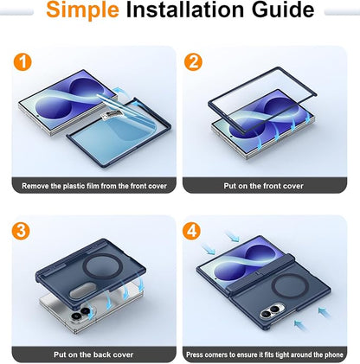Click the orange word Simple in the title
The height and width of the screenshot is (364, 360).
pyautogui.click(x=82, y=10)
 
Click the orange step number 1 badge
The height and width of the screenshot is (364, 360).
pyautogui.click(x=22, y=62)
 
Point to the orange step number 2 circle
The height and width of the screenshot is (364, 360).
pyautogui.click(x=193, y=62)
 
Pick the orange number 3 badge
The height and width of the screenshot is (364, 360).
pyautogui.click(x=21, y=231)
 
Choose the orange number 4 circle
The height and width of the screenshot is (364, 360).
pyautogui.click(x=192, y=231)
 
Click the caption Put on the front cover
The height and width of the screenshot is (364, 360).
pyautogui.click(x=263, y=186)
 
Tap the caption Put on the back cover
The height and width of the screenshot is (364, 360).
pyautogui.click(x=93, y=354)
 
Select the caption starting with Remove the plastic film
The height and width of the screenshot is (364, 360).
pyautogui.click(x=94, y=186)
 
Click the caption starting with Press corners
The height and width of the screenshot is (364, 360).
pyautogui.click(x=265, y=354)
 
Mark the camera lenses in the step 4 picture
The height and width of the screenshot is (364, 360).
pyautogui.click(x=272, y=311)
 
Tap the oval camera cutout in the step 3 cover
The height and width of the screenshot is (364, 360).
pyautogui.click(x=83, y=291)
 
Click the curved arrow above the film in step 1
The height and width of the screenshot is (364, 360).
pyautogui.click(x=121, y=93)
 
